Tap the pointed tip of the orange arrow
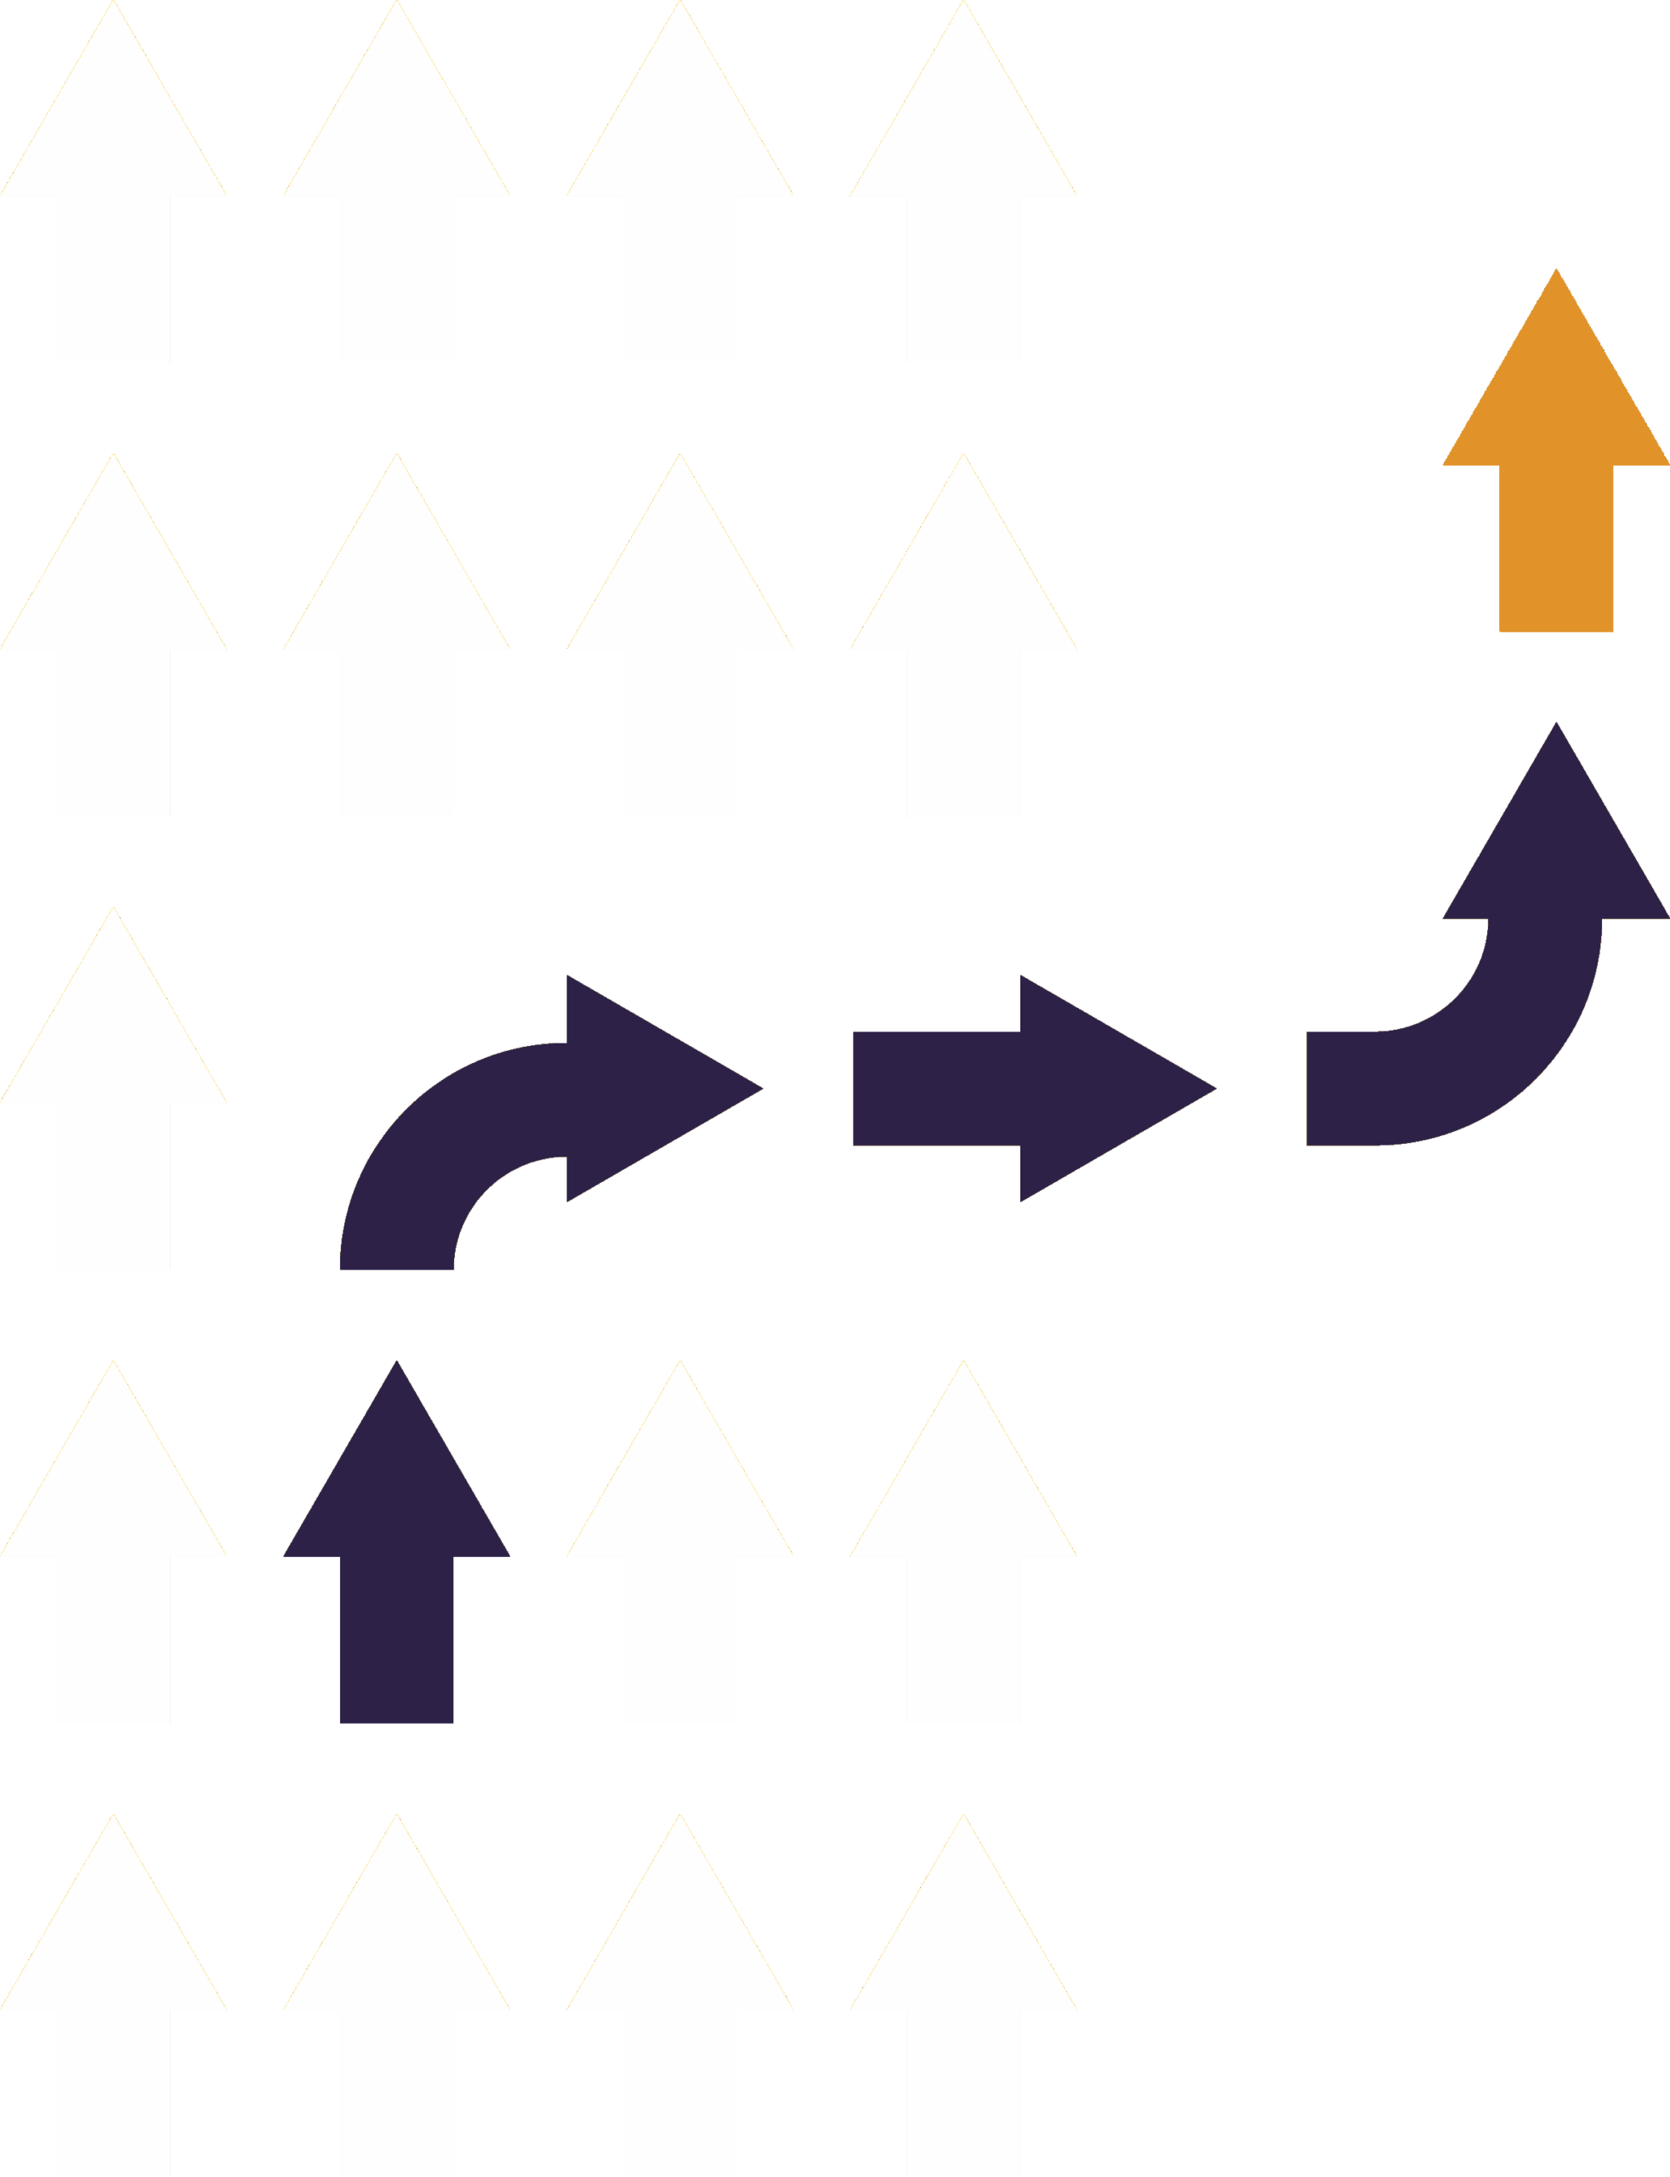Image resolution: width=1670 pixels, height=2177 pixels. click(x=1556, y=272)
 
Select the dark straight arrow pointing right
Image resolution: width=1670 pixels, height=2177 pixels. click(x=1034, y=1088)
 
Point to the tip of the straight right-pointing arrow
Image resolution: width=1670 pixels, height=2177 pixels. click(x=1213, y=1088)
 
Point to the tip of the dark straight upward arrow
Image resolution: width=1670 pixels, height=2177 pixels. click(x=396, y=1364)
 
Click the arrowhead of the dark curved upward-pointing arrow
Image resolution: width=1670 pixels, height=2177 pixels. click(x=1556, y=845)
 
